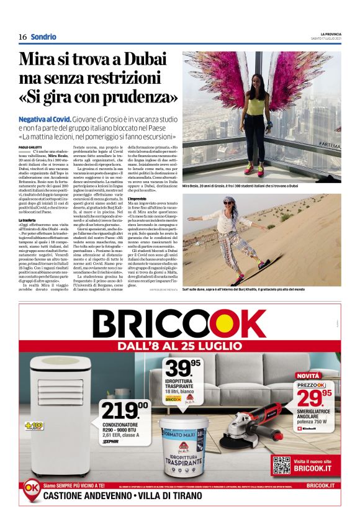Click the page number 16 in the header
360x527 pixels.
coord(22,37)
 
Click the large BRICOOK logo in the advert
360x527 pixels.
coord(179,325)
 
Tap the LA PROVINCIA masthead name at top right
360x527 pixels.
coord(325,34)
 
